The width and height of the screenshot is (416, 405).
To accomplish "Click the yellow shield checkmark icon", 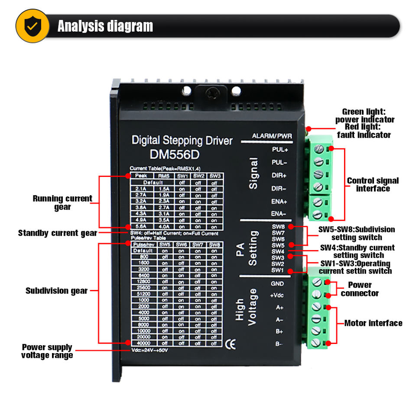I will [32, 26].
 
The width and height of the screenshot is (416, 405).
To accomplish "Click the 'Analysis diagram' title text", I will [105, 26].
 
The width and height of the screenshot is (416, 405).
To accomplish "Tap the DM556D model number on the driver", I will [176, 154].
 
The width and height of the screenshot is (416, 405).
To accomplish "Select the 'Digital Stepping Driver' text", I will [182, 141].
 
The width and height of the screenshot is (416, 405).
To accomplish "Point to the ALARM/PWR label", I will [272, 137].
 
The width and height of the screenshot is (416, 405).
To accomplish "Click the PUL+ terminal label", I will [279, 150].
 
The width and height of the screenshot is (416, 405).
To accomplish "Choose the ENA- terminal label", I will [279, 214].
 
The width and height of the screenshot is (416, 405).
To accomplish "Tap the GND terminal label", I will [277, 284].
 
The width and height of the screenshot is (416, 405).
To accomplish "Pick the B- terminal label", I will [279, 344].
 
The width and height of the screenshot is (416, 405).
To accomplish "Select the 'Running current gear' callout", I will [62, 202].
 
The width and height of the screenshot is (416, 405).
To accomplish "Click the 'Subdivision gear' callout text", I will [56, 291].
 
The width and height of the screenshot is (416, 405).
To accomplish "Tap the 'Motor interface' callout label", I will [373, 323].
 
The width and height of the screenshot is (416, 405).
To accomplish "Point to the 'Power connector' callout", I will [360, 289].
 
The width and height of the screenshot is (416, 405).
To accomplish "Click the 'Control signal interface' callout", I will [373, 184].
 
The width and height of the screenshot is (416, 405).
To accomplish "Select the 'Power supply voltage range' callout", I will [47, 351].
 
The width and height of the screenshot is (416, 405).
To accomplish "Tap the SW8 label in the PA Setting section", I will [278, 226].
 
